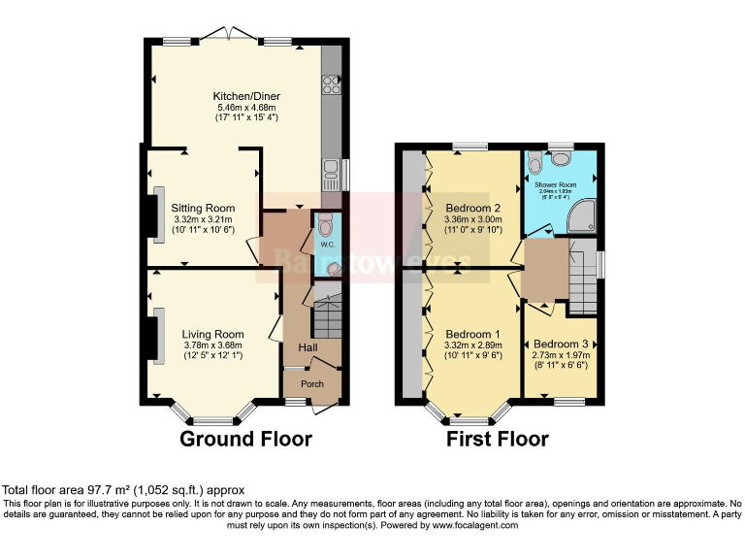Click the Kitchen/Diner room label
pyautogui.click(x=246, y=96)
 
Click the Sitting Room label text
pyautogui.click(x=203, y=208)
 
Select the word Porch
pyautogui.click(x=312, y=384)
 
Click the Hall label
pyautogui.click(x=308, y=347)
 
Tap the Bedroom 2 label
pyautogui.click(x=472, y=208)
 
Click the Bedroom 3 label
pyautogui.click(x=560, y=345)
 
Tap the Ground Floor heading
pyautogui.click(x=246, y=439)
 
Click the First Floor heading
pyautogui.click(x=497, y=439)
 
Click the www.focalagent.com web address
pyautogui.click(x=463, y=525)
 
